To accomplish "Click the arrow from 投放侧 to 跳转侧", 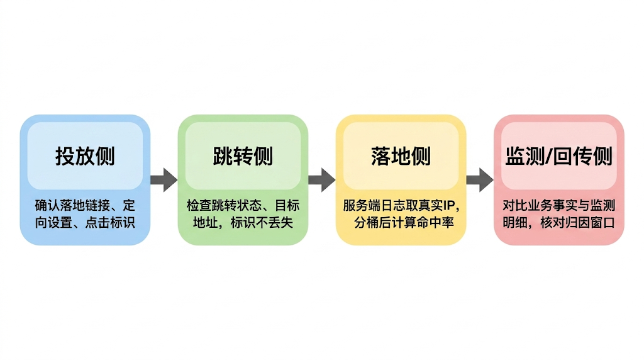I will coord(164,179).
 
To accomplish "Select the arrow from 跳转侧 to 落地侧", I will coord(322,179).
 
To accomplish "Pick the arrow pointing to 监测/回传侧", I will coord(480,179).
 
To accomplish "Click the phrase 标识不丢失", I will coord(262,222).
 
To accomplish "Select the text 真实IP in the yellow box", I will coord(444,206).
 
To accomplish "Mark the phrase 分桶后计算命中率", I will coord(404,222).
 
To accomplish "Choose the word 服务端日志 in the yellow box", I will coord(371,206).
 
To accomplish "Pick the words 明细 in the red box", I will coord(516,222).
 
